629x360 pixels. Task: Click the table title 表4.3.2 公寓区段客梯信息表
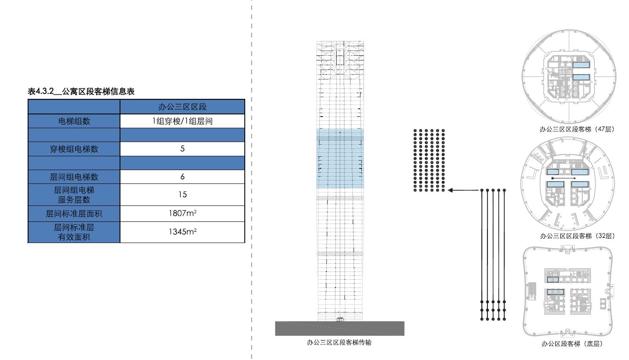[81, 92]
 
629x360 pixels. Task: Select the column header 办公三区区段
[182, 107]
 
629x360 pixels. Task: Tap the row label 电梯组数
[74, 121]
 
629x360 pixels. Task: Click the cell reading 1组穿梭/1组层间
[182, 121]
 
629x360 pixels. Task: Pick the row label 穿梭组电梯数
[74, 149]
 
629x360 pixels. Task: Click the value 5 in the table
[182, 149]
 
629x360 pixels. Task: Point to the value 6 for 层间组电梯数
[182, 177]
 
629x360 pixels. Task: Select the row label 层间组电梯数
[74, 177]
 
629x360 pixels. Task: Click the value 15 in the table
[182, 195]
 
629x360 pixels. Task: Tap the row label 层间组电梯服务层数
[74, 195]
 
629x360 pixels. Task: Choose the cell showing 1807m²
[182, 213]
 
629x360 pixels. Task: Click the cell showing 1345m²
[182, 232]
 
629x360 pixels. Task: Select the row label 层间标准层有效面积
[74, 232]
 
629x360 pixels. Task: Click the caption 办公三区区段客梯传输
[339, 343]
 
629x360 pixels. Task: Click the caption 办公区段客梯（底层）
[572, 344]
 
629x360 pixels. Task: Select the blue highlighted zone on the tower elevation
[340, 158]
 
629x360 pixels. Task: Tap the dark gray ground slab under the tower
[340, 328]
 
